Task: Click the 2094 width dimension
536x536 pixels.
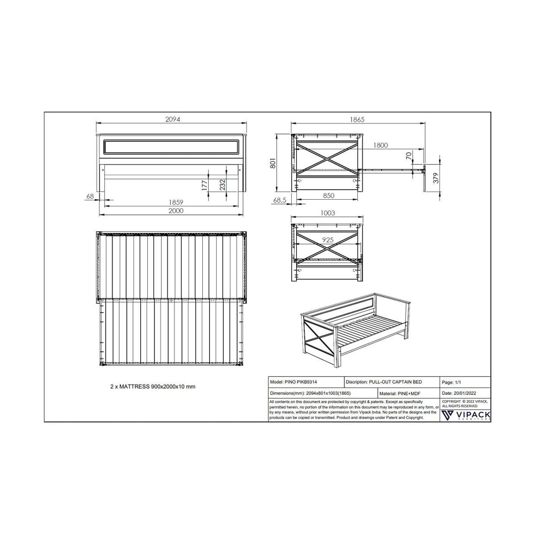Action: (x=173, y=119)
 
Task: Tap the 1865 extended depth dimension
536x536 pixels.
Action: (x=357, y=120)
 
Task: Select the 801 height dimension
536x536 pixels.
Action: (x=273, y=163)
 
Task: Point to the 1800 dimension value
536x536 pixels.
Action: (x=380, y=145)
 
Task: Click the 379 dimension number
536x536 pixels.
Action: (x=436, y=178)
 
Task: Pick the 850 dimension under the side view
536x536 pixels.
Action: (x=328, y=196)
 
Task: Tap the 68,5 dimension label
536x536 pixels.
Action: (x=280, y=200)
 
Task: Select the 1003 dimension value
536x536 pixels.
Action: (x=328, y=213)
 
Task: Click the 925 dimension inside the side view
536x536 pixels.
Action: (x=328, y=240)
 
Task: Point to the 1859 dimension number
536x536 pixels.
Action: (x=176, y=202)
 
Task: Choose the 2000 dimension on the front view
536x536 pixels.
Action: (x=176, y=211)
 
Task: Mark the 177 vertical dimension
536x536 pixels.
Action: (x=205, y=185)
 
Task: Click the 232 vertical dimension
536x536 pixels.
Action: (x=222, y=185)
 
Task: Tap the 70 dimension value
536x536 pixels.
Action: (x=409, y=156)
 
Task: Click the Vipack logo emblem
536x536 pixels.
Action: (x=447, y=415)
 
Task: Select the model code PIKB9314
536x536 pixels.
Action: (x=307, y=382)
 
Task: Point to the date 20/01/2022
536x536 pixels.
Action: (x=465, y=394)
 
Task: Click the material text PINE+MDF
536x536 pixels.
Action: (x=409, y=394)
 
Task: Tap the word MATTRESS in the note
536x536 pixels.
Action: (x=134, y=387)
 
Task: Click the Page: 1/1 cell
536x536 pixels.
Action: (x=451, y=382)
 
